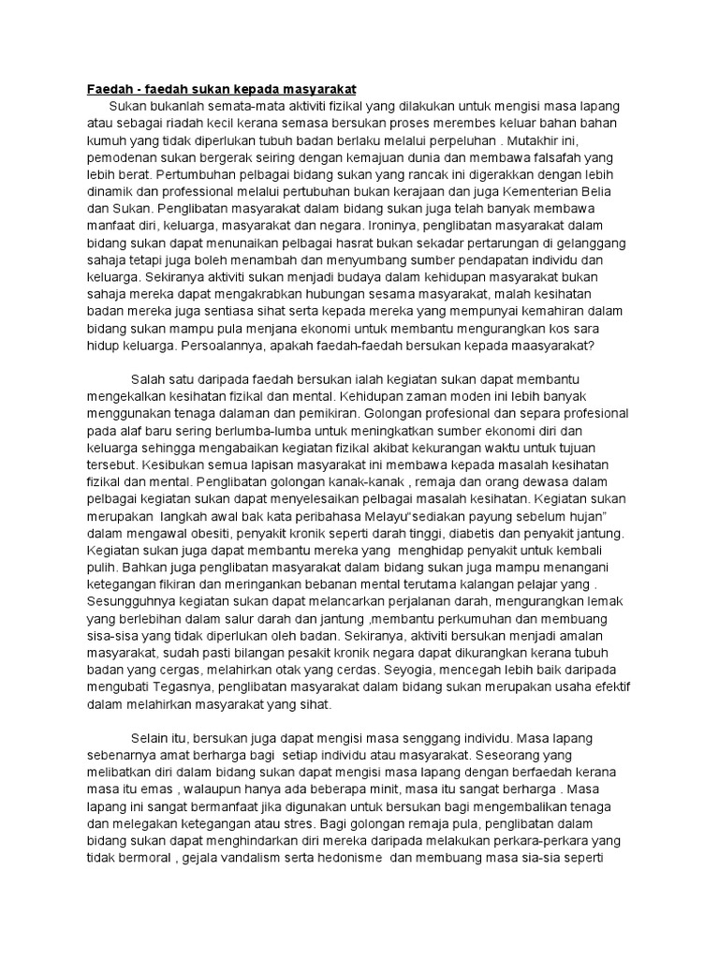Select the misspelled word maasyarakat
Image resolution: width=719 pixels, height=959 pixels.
(550, 346)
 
